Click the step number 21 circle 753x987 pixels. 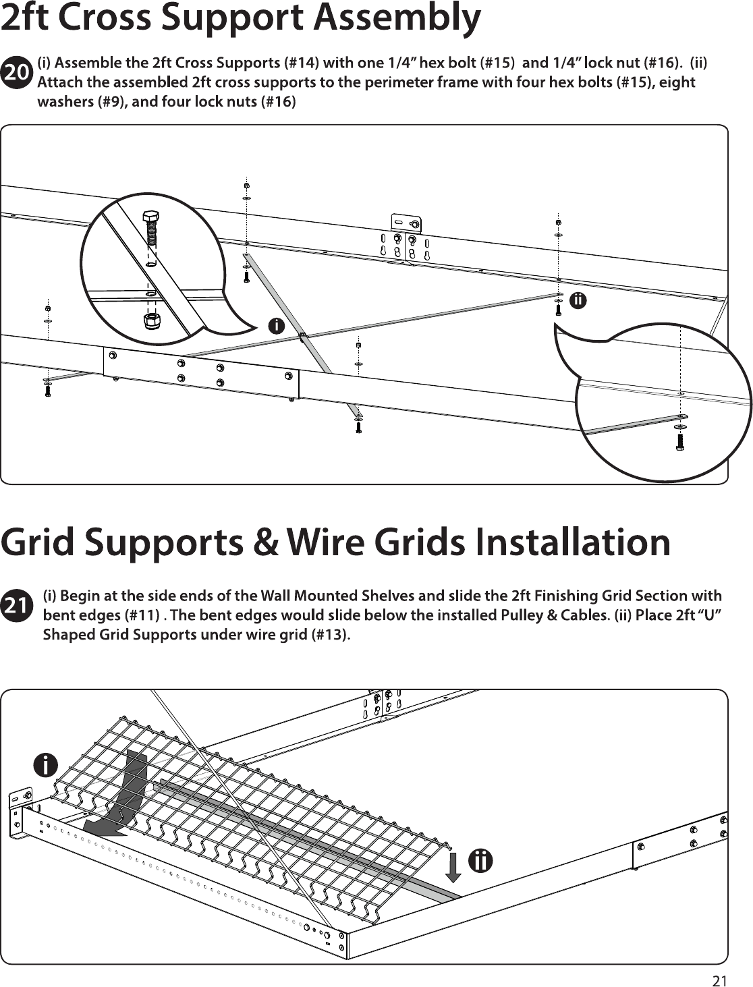pos(18,606)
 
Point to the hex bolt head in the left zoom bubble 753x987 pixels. pos(150,217)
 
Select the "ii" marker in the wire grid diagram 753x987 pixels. pos(480,861)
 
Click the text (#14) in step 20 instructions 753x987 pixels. pos(302,63)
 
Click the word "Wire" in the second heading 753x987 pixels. pos(324,542)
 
